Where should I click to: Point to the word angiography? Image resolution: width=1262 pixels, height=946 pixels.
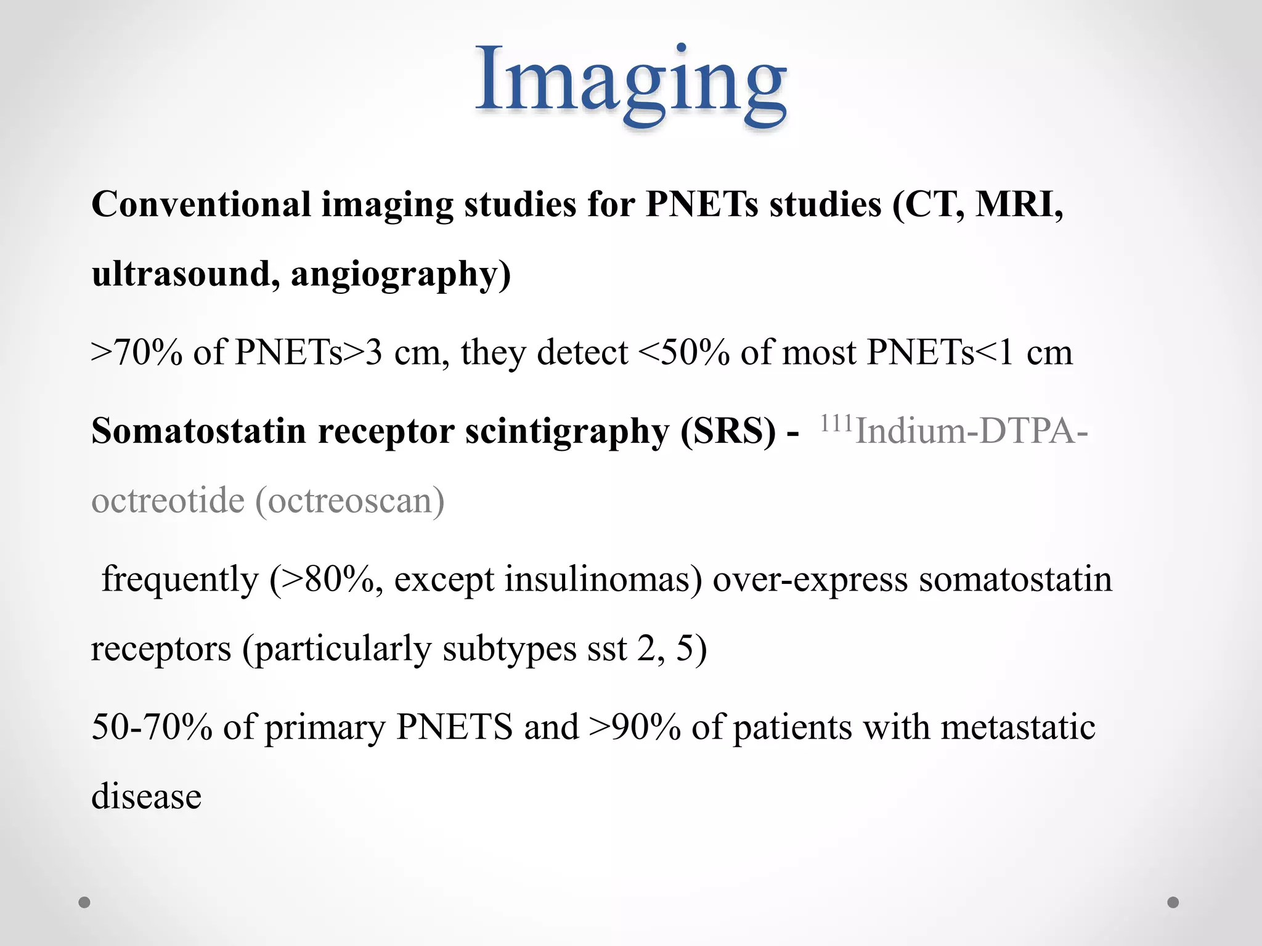[x=401, y=275]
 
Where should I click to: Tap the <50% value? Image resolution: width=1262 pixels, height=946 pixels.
[x=684, y=352]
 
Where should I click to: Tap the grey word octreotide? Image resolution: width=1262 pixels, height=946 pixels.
[x=168, y=500]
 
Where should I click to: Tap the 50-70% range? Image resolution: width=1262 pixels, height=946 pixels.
[x=152, y=727]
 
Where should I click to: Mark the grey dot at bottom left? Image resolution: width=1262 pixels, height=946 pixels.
[x=84, y=902]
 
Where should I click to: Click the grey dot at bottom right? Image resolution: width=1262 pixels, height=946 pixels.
[x=1173, y=902]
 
